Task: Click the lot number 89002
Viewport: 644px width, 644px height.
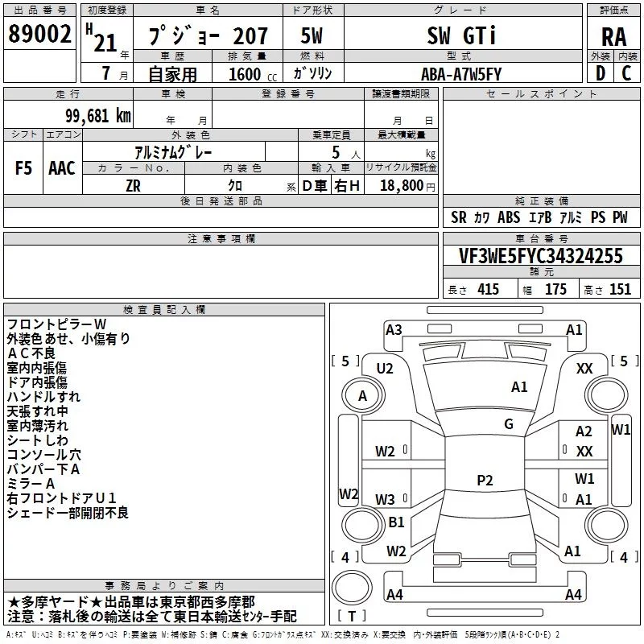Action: pyautogui.click(x=39, y=33)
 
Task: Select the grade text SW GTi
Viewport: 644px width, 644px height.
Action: pyautogui.click(x=461, y=35)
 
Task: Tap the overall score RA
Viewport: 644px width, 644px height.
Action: pyautogui.click(x=614, y=37)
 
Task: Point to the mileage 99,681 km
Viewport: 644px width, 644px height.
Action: pyautogui.click(x=98, y=116)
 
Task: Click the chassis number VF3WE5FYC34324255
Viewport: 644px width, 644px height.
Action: pyautogui.click(x=541, y=256)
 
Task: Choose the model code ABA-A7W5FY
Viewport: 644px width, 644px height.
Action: pyautogui.click(x=461, y=74)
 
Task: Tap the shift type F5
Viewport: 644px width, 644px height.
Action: pyautogui.click(x=23, y=168)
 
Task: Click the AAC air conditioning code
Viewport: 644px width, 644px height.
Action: pyautogui.click(x=62, y=168)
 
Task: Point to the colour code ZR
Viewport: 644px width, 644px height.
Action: pyautogui.click(x=133, y=186)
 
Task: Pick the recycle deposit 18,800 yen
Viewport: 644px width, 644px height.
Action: pyautogui.click(x=407, y=186)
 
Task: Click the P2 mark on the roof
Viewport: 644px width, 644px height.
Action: pyautogui.click(x=485, y=480)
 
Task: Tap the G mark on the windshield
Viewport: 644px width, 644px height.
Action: pyautogui.click(x=509, y=424)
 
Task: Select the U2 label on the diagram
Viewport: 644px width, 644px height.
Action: pyautogui.click(x=385, y=369)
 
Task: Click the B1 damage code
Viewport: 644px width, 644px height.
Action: pyautogui.click(x=396, y=522)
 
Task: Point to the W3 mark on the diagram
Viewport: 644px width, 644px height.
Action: pyautogui.click(x=385, y=499)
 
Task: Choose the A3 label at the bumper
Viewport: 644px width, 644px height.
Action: pyautogui.click(x=394, y=330)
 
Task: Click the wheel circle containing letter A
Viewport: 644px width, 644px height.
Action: pyautogui.click(x=363, y=396)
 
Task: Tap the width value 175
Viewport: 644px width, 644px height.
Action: pyautogui.click(x=555, y=289)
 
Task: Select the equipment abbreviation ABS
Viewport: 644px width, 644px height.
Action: pyautogui.click(x=509, y=217)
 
